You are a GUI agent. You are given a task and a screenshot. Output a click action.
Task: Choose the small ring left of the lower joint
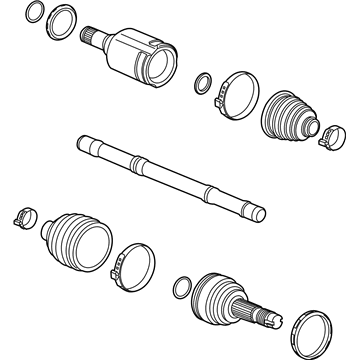pos(181,288)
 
